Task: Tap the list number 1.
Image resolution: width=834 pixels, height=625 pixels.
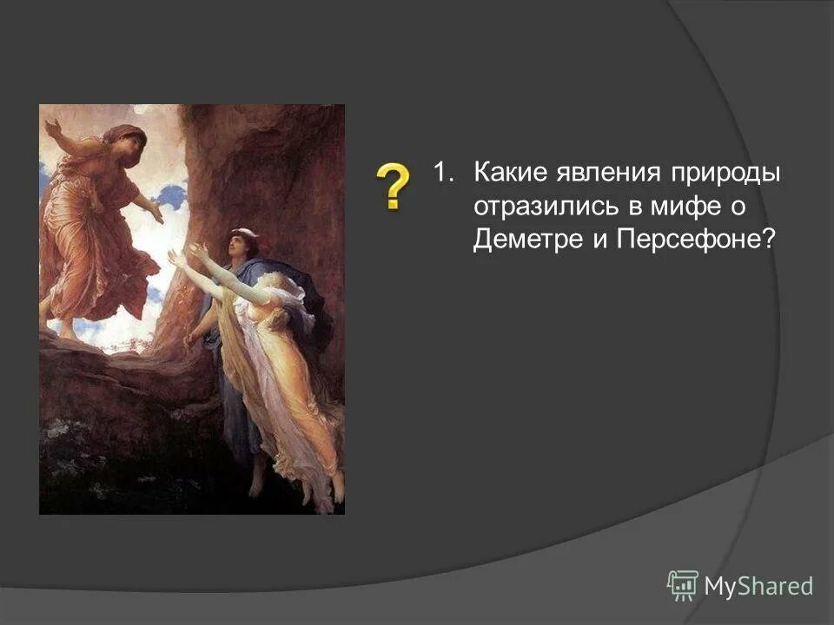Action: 444,173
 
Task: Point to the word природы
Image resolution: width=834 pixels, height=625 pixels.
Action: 725,173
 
